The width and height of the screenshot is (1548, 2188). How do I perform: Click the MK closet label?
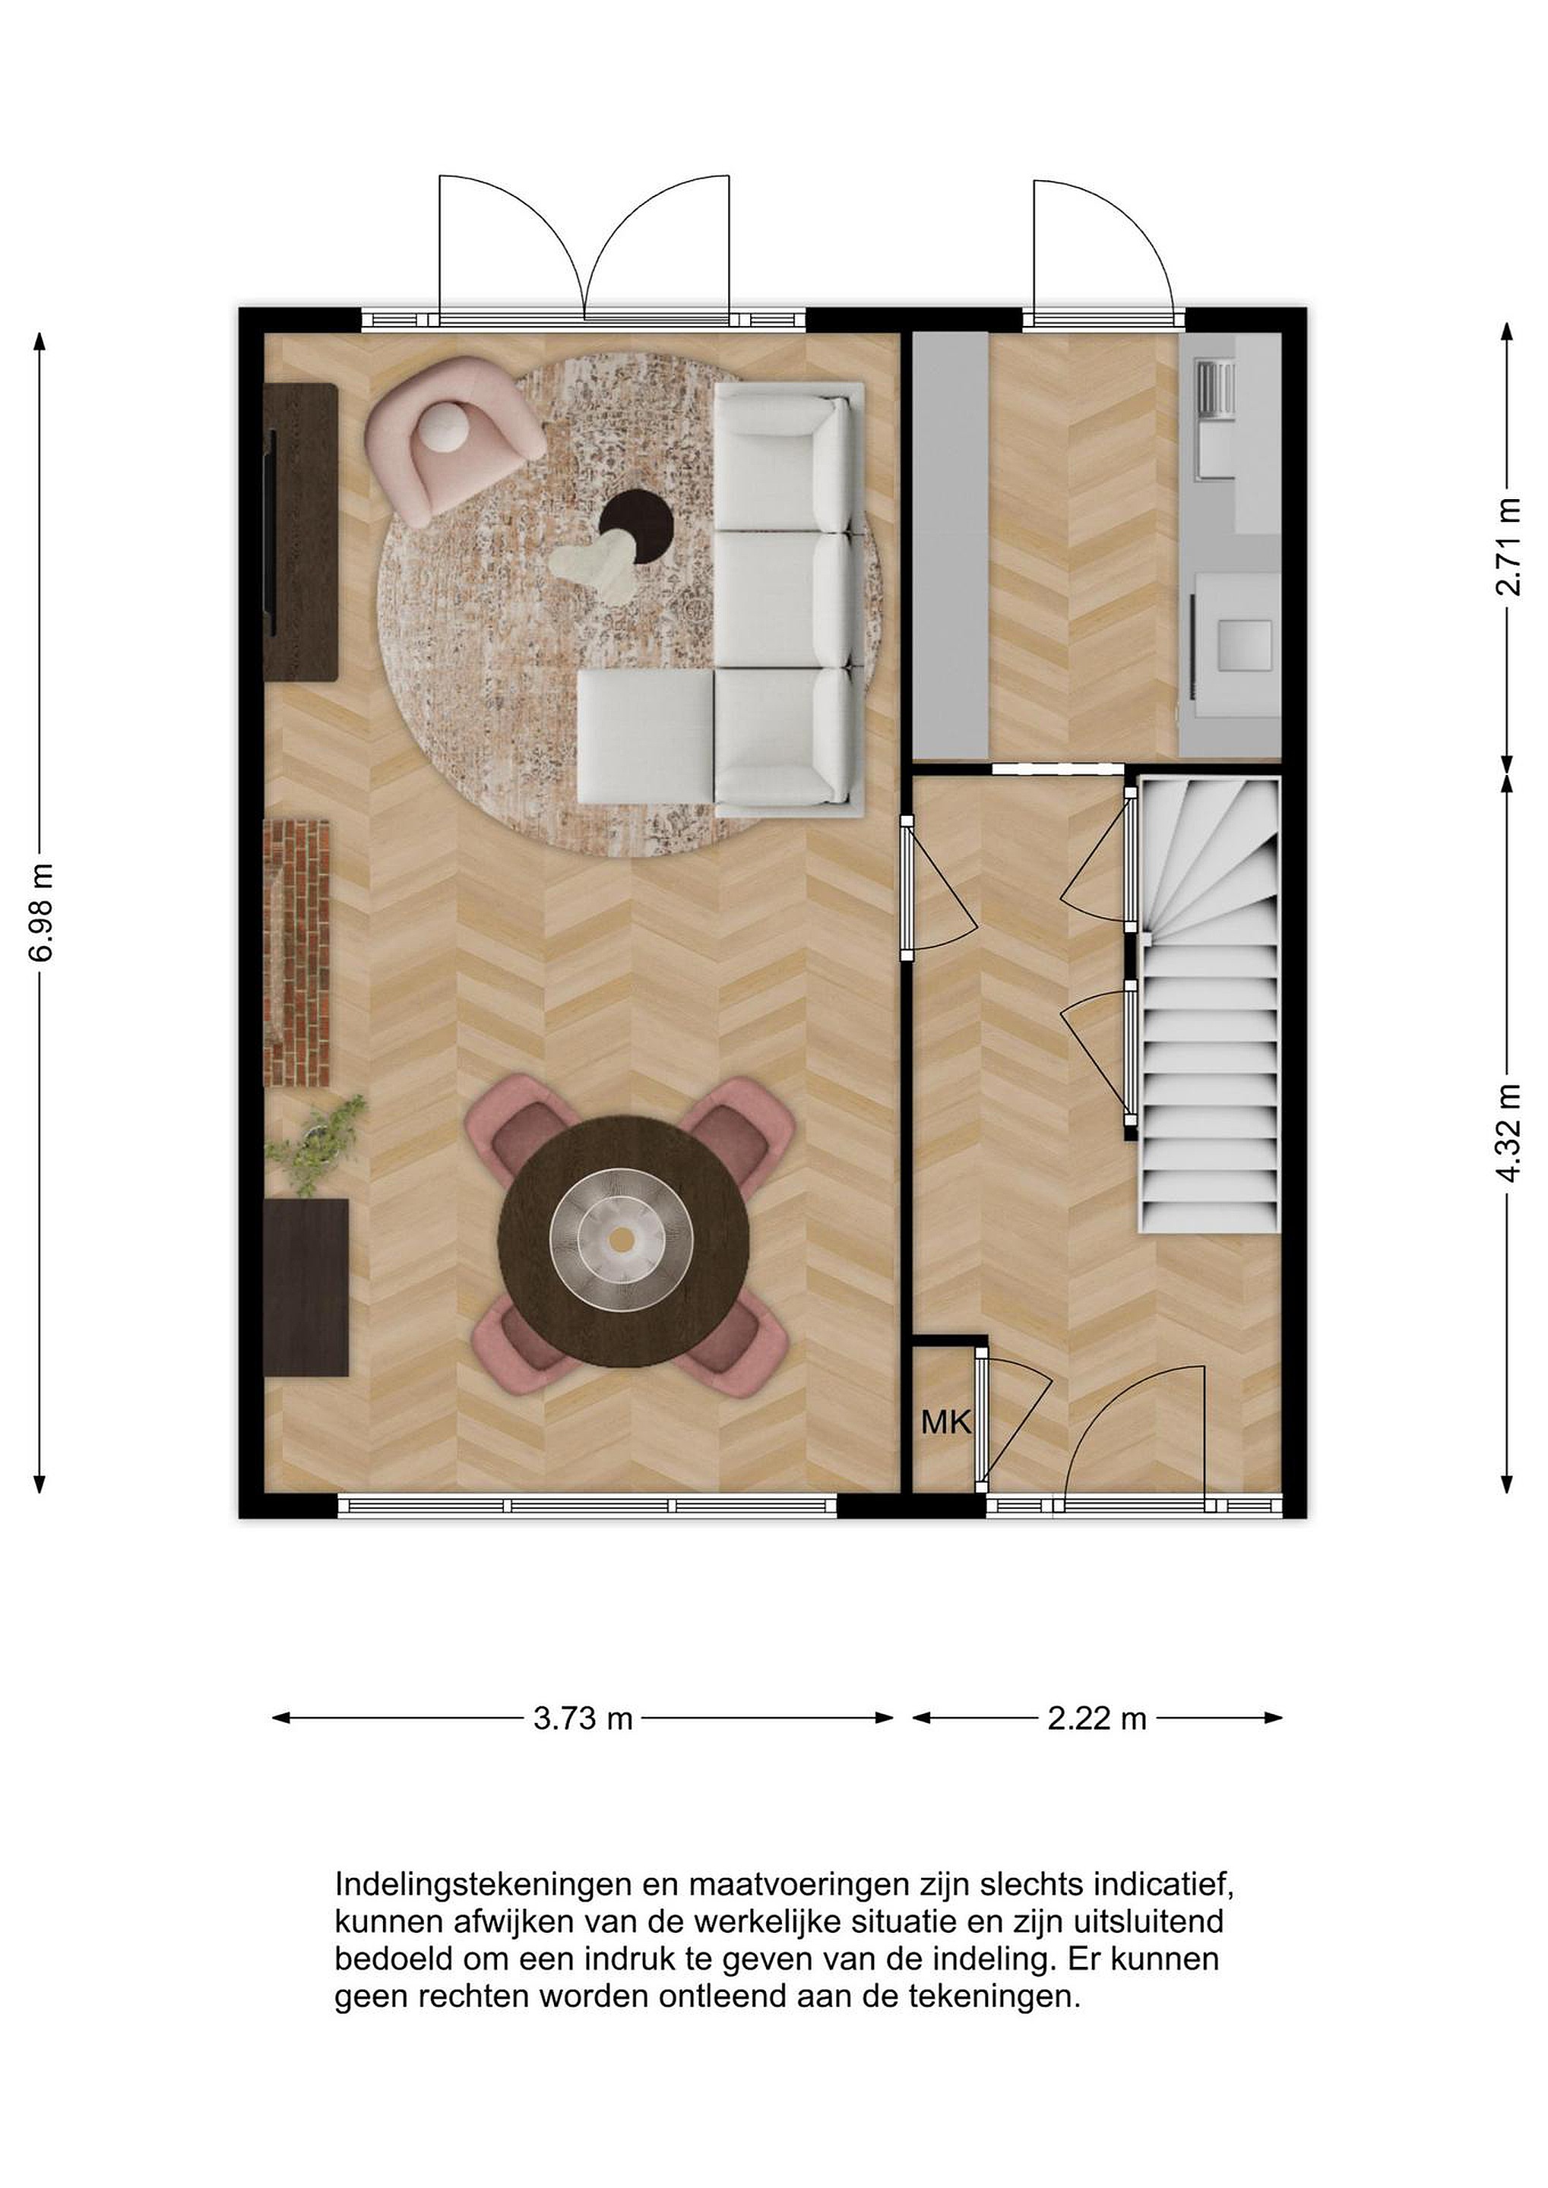click(x=945, y=1423)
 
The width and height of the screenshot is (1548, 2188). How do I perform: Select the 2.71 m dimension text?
click(x=1507, y=546)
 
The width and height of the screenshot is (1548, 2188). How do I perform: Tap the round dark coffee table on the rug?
click(x=637, y=527)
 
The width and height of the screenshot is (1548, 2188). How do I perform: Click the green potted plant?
click(x=318, y=1143)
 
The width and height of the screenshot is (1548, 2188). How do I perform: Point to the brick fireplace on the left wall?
click(x=296, y=953)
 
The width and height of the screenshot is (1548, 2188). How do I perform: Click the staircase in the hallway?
click(x=1208, y=1005)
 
